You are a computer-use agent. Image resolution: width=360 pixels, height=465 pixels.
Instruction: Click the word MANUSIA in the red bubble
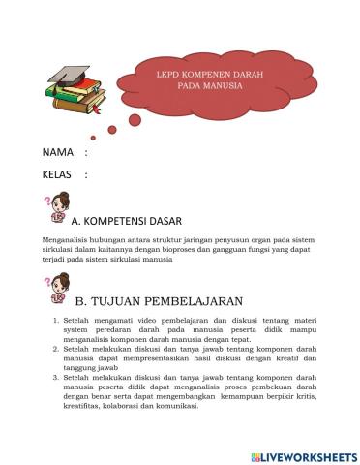coord(223,85)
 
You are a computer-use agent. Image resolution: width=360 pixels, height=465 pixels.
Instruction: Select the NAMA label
coord(58,153)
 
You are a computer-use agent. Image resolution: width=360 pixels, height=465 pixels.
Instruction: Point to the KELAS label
coord(59,174)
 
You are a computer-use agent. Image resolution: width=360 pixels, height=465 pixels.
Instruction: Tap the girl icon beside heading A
coord(57,209)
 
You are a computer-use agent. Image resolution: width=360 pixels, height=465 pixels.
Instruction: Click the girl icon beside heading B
coord(57,288)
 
